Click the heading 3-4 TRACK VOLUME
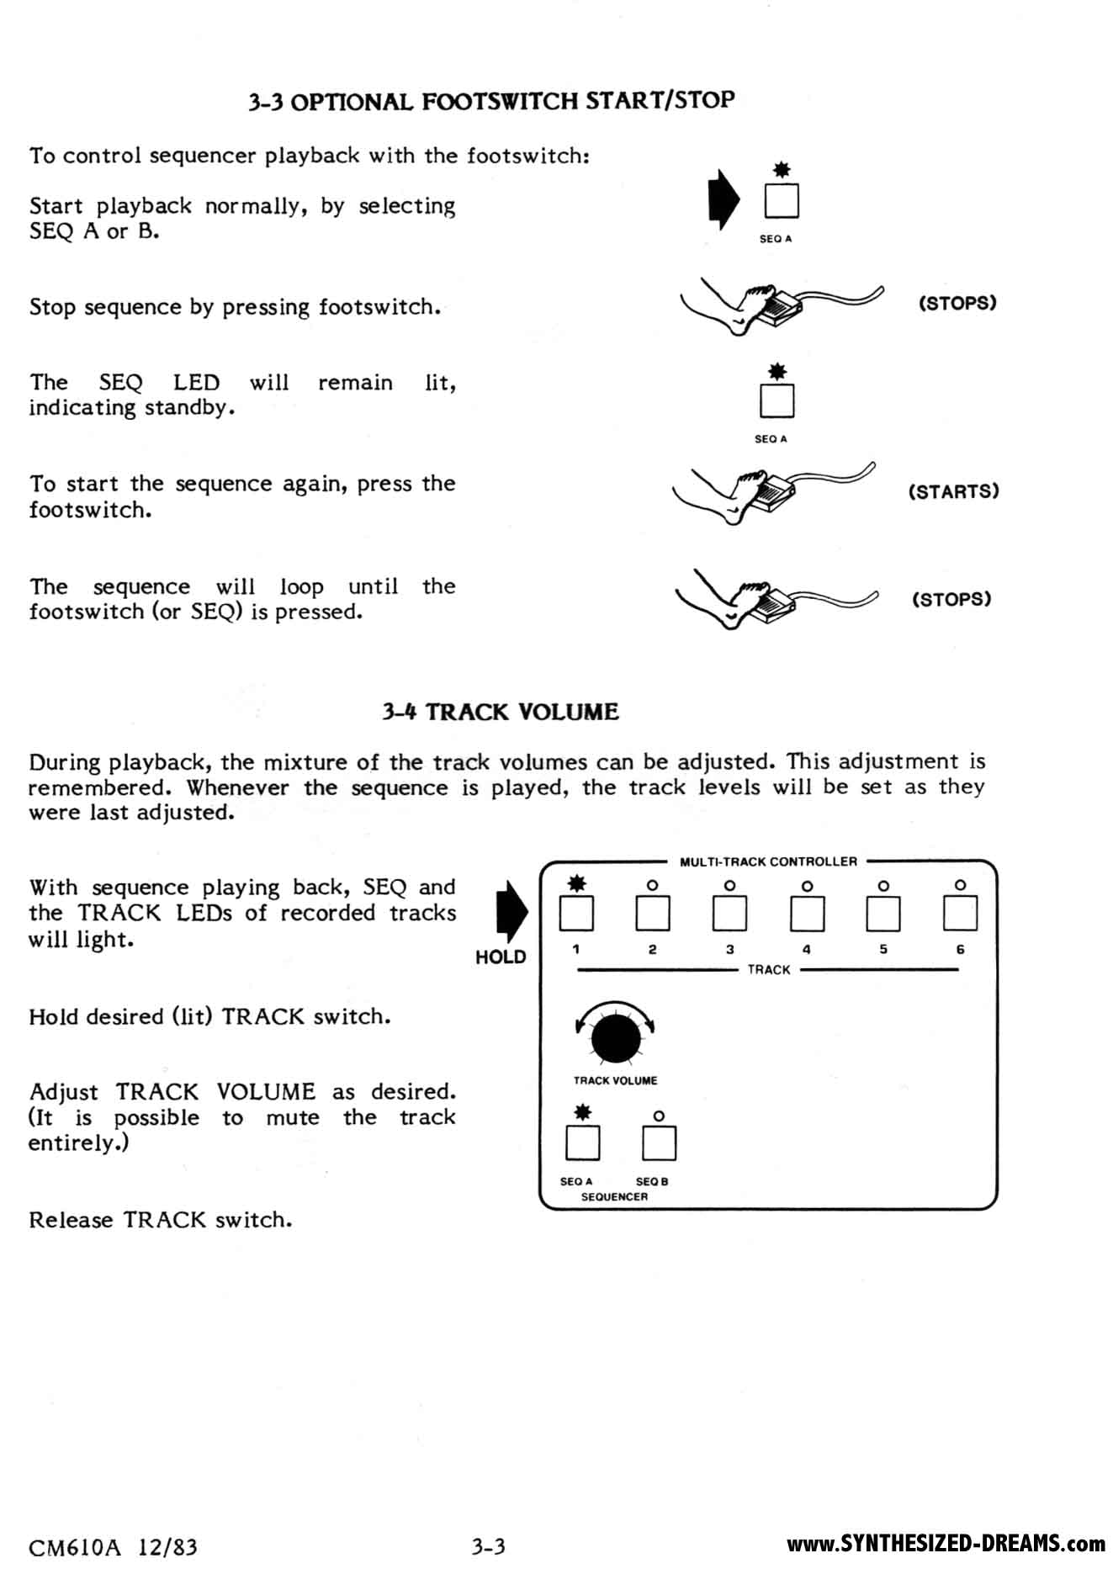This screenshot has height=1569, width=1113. coord(500,712)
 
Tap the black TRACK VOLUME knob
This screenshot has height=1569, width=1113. coord(616,1038)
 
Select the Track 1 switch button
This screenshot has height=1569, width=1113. coord(576,914)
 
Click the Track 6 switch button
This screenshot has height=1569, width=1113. coord(960,914)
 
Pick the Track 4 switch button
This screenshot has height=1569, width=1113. coord(807,914)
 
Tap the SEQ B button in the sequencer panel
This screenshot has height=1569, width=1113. coord(659,1142)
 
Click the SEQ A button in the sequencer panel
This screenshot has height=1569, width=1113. coord(582,1142)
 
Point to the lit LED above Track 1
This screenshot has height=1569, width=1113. coord(576,883)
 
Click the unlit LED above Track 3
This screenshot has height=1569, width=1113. coord(729,885)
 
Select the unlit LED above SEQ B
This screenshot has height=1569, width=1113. coord(659,1116)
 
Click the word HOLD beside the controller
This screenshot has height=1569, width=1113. coord(501,957)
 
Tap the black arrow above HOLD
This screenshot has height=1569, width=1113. coord(511,911)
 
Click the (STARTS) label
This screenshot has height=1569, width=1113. coord(953,491)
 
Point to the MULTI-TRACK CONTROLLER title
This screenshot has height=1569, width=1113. coord(768,861)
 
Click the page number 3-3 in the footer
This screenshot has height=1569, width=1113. coord(488,1545)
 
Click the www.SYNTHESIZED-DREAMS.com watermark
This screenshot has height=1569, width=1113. coord(946,1544)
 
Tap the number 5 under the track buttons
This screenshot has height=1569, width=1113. coord(883,949)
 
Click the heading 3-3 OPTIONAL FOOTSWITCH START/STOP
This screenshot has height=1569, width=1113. coord(491,101)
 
